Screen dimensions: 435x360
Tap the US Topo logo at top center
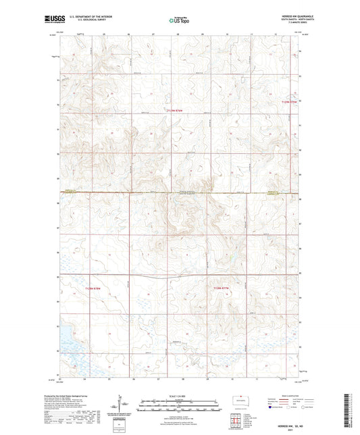click(x=180, y=20)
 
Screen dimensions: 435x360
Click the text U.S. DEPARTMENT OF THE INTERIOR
click(x=88, y=18)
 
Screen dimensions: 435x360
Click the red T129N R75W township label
click(x=288, y=101)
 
